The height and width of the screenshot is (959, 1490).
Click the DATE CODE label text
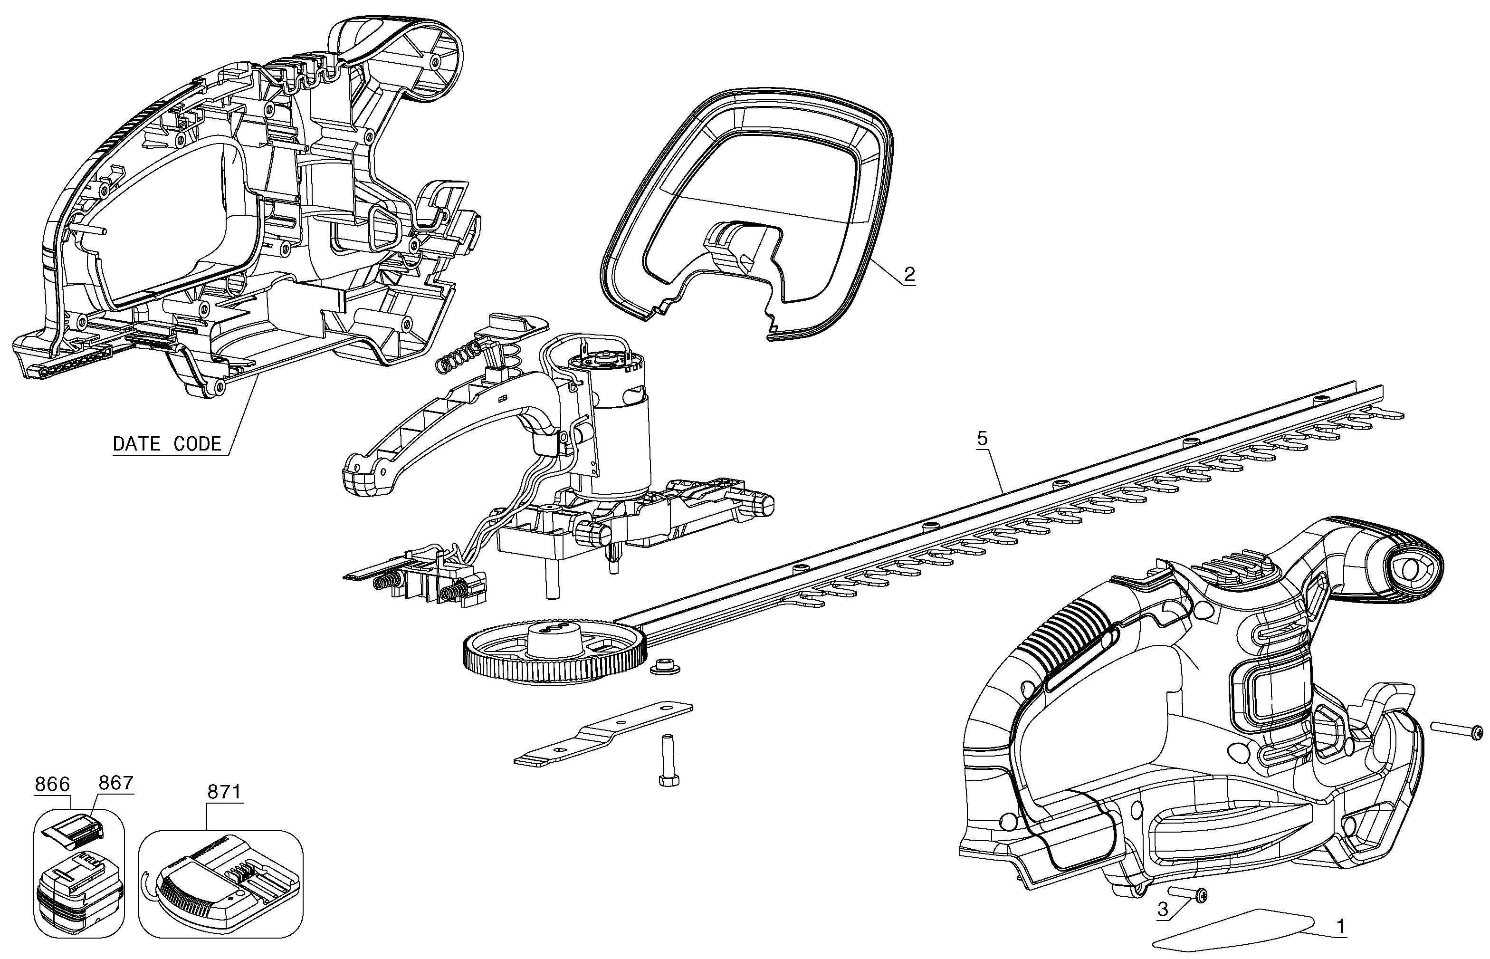[x=167, y=444]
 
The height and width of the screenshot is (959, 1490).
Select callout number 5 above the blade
[x=982, y=439]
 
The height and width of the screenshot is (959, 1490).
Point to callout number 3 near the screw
[x=1163, y=909]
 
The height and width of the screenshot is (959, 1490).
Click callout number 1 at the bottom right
[x=1340, y=926]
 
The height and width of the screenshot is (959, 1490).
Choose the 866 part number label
[x=52, y=784]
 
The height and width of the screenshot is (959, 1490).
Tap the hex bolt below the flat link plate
[x=668, y=761]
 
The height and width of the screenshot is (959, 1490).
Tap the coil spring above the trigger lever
[x=458, y=359]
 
